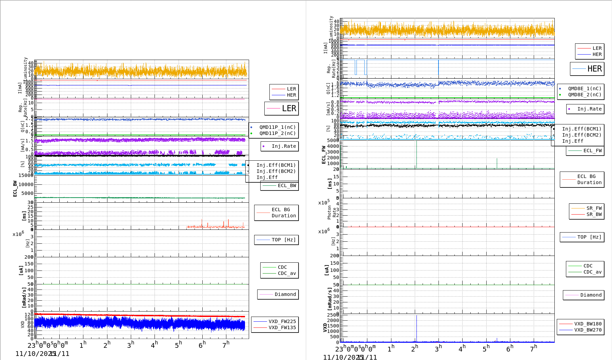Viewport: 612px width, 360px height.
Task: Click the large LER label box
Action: click(x=282, y=108)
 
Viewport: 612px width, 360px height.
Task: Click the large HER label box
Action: click(x=587, y=69)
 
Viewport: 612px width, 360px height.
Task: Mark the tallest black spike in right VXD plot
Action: click(x=416, y=317)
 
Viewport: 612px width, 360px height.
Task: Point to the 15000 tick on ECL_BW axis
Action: click(x=26, y=175)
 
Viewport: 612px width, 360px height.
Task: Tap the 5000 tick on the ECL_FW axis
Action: click(x=333, y=140)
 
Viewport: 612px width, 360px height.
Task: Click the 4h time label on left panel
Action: click(x=154, y=345)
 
